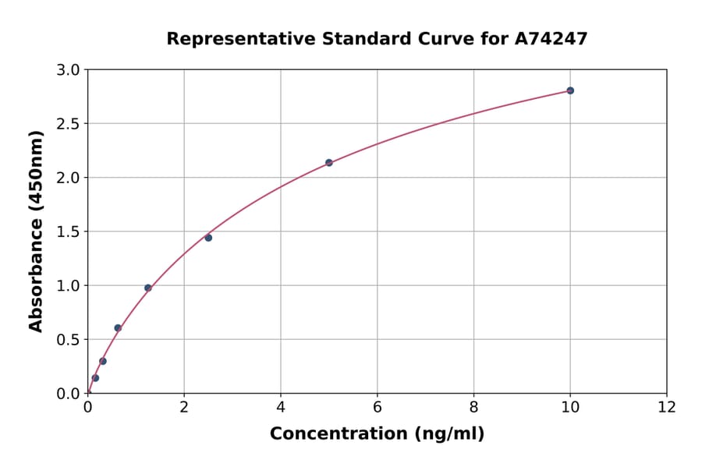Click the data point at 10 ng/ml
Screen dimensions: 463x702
pos(570,90)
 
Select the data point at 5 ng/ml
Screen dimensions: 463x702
pos(328,163)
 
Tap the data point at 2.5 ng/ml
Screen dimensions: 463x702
pos(208,238)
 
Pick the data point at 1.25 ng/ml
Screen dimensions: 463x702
pos(147,288)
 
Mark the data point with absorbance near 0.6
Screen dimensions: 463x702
pos(118,328)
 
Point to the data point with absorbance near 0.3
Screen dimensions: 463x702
pos(102,361)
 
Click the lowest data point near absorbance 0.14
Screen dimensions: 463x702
pos(95,378)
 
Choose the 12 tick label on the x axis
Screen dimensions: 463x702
pos(667,407)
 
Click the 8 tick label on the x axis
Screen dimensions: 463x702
pos(473,407)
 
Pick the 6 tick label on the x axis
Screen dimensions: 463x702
pos(377,407)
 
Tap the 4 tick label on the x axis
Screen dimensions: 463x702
pos(281,407)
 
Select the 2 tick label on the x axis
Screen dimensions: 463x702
pos(184,407)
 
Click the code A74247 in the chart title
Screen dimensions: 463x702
pos(551,38)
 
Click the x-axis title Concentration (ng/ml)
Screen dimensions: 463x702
pos(377,434)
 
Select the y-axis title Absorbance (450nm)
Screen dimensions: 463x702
pos(36,231)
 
